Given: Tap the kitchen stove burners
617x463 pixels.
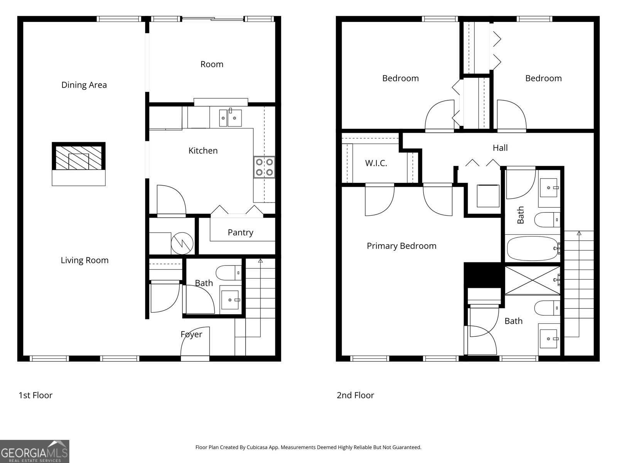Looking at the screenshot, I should click(x=264, y=167).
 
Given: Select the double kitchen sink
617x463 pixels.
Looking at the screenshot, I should click(x=230, y=118).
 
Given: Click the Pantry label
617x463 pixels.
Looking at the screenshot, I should click(x=240, y=232).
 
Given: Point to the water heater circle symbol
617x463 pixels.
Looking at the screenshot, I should click(x=182, y=243).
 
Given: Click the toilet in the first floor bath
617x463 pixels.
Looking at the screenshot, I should click(x=228, y=273).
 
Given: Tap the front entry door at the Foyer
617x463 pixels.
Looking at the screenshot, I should click(x=195, y=358).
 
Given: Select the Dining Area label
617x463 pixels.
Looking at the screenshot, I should click(x=84, y=85).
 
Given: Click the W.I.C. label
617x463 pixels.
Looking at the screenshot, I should click(x=376, y=163).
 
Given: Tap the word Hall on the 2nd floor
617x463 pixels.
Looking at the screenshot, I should click(x=500, y=148).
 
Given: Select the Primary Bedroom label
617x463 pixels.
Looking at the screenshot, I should click(x=401, y=246).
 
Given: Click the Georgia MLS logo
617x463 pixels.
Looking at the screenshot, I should click(x=35, y=451).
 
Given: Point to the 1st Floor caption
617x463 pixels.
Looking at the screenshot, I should click(x=35, y=395).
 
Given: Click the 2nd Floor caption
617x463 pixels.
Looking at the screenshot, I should click(x=355, y=395).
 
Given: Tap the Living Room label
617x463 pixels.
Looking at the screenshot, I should click(x=84, y=260).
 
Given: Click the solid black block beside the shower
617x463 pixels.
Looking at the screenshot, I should click(x=484, y=274).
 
